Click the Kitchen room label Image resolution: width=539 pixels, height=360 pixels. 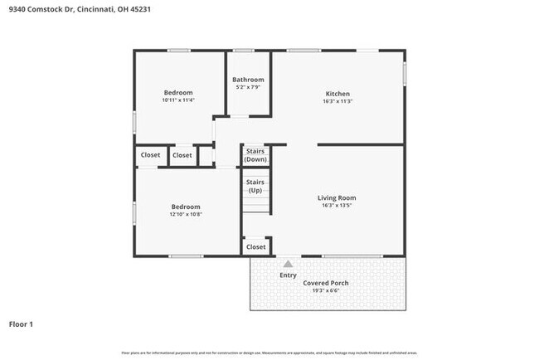tap(337, 94)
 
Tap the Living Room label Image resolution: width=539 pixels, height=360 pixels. tap(337, 197)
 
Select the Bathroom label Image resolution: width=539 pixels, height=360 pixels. tap(248, 80)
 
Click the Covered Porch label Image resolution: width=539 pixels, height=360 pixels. tap(325, 283)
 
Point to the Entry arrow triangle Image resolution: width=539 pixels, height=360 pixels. tap(288, 264)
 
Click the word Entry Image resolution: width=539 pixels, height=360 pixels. tap(288, 275)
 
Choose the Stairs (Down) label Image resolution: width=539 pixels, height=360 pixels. tap(255, 155)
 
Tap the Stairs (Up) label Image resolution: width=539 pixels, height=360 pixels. tap(255, 185)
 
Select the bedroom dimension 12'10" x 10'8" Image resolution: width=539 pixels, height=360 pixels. tap(186, 215)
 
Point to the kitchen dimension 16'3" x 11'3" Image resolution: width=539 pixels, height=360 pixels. tap(337, 102)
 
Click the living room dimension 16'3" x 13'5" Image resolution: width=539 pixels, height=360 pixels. tap(337, 206)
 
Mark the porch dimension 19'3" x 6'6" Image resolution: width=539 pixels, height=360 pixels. tap(325, 291)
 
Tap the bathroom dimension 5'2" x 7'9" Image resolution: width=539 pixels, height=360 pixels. tap(248, 87)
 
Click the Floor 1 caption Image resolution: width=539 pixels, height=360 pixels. tap(21, 324)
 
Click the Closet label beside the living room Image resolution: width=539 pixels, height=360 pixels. tap(256, 246)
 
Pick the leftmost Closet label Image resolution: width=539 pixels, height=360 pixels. tap(150, 155)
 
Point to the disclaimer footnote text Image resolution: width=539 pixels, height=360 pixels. tap(269, 353)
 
